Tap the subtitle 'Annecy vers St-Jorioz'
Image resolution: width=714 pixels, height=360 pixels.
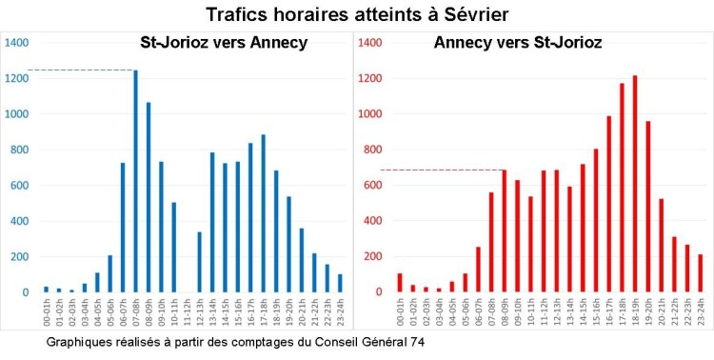pyautogui.click(x=517, y=43)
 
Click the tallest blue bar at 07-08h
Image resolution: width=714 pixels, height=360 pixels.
pyautogui.click(x=135, y=181)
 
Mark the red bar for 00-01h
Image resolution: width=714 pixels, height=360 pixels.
pyautogui.click(x=400, y=283)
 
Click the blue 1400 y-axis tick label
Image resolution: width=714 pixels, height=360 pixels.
pyautogui.click(x=17, y=43)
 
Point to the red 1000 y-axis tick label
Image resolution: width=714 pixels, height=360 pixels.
pyautogui.click(x=370, y=114)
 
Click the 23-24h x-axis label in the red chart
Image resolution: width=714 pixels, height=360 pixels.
pyautogui.click(x=700, y=310)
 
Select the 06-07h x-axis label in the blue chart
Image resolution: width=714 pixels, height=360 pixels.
pyautogui.click(x=122, y=310)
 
